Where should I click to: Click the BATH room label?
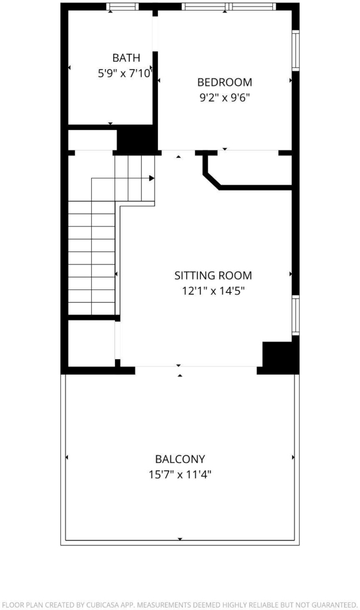[x=126, y=58]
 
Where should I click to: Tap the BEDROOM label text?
[x=225, y=82]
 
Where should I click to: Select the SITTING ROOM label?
[x=213, y=275]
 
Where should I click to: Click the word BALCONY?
[x=180, y=459]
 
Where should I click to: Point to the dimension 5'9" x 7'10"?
[x=125, y=73]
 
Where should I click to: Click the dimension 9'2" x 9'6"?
[x=225, y=98]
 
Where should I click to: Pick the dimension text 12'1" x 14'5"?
[x=213, y=291]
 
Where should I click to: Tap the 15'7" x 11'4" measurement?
[x=180, y=475]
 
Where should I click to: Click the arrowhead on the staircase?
[x=152, y=178]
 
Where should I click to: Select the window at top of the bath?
[x=123, y=6]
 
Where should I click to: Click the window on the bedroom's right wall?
[x=296, y=50]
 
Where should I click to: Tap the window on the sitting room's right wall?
[x=296, y=315]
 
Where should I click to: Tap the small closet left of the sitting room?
[x=91, y=343]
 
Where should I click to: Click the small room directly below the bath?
[x=92, y=140]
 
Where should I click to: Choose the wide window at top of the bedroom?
[x=228, y=6]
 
